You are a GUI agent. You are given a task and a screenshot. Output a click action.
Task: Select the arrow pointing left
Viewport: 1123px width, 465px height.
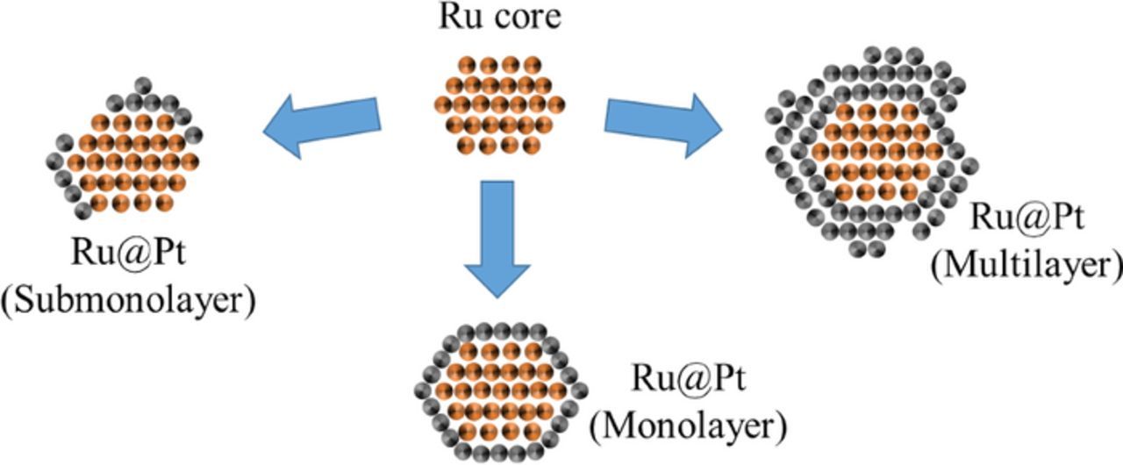click(x=322, y=125)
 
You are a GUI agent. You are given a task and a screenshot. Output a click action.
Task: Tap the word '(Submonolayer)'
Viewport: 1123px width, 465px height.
click(x=128, y=300)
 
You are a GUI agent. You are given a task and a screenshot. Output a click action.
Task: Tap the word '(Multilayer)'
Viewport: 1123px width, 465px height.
click(x=1026, y=263)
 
